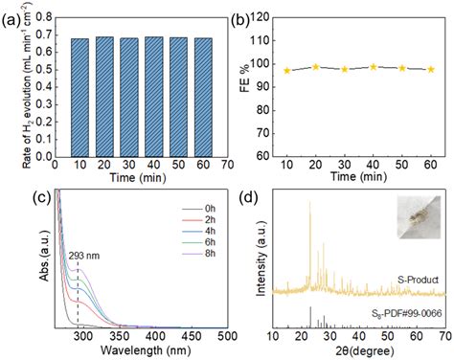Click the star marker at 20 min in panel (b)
click(x=316, y=67)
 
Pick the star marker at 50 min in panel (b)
click(x=402, y=68)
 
